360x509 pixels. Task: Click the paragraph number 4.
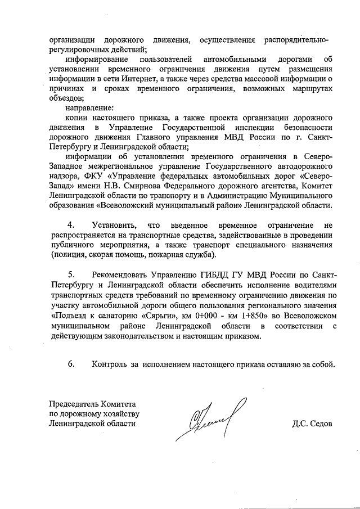pyautogui.click(x=71, y=225)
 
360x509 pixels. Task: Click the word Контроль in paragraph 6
pyautogui.click(x=110, y=364)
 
